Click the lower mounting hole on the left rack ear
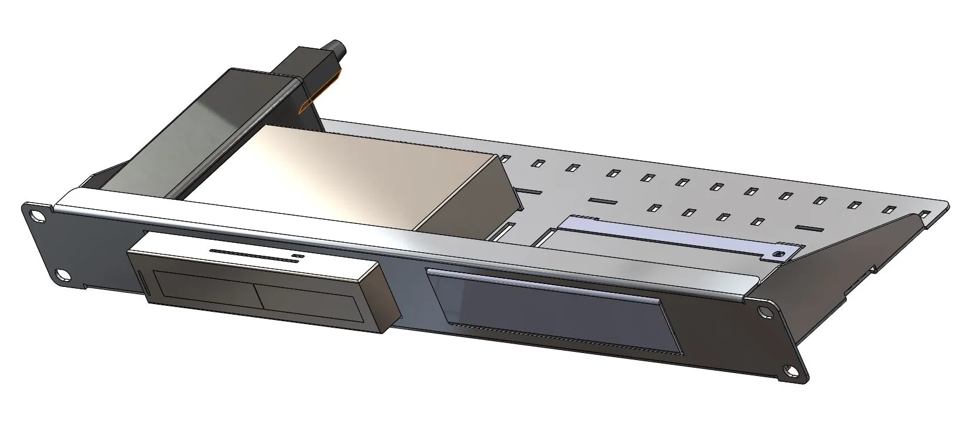click(x=60, y=273)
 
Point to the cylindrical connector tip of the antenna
click(x=337, y=46)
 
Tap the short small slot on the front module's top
click(x=298, y=256)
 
